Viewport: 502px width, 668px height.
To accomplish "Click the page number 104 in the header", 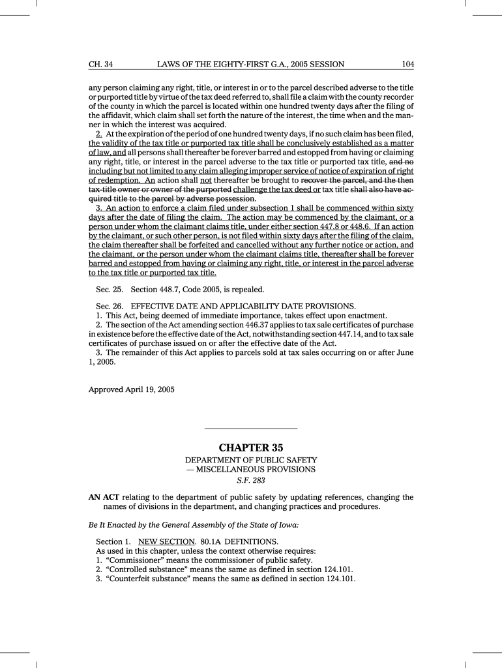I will (408, 64).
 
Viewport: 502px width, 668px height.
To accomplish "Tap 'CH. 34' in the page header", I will (101, 64).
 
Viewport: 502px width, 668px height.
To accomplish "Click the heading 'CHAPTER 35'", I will (251, 448).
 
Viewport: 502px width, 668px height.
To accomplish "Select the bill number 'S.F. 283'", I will (251, 481).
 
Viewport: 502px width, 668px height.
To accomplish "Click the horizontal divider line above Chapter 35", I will (251, 428).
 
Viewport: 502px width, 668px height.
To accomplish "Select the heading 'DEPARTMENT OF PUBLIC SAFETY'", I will (251, 460).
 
